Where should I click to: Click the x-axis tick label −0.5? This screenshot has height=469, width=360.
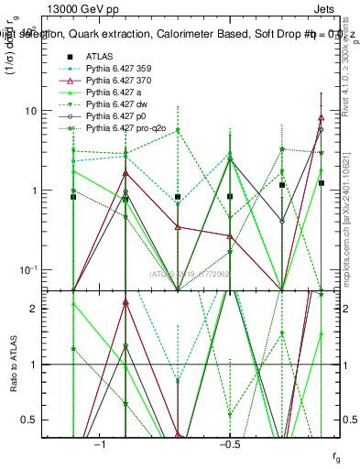[x=229, y=444]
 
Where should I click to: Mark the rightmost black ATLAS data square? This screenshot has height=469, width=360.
[x=321, y=183]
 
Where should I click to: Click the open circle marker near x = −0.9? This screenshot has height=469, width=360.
[x=125, y=192]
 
